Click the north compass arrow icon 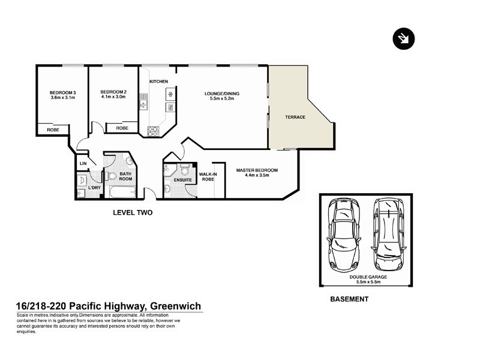tap(401, 38)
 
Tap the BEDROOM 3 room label tap(62, 92)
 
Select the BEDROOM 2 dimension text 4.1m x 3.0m tap(113, 97)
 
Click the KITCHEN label tap(158, 82)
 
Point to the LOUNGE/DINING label tap(222, 93)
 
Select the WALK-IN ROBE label tap(208, 176)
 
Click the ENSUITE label tap(182, 179)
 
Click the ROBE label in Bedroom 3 tap(52, 128)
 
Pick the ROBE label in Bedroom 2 tap(122, 128)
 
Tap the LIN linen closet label tap(83, 163)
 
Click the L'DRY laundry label tap(94, 188)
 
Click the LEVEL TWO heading tap(133, 212)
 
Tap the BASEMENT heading tap(349, 298)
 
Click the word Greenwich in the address tap(175, 306)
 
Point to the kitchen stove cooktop tap(154, 130)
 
